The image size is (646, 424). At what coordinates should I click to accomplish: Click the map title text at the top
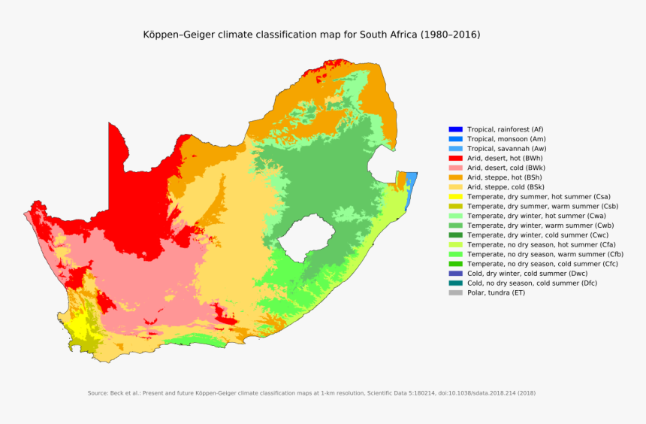[x=312, y=35]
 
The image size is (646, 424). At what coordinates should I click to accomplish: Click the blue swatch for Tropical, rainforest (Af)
[x=455, y=129]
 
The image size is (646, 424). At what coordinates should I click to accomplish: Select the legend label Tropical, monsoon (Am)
[x=506, y=139]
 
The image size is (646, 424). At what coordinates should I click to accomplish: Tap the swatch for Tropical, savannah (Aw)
[x=455, y=149]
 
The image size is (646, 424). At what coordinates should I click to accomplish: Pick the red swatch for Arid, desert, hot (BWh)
[x=455, y=159]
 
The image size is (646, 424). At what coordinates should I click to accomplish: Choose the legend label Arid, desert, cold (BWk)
[x=506, y=168]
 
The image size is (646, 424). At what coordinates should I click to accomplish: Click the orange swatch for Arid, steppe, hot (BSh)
[x=455, y=177]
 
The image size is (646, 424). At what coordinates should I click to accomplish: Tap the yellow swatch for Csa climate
[x=455, y=196]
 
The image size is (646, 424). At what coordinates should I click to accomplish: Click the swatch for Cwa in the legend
[x=455, y=216]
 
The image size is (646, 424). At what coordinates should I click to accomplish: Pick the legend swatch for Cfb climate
[x=455, y=254]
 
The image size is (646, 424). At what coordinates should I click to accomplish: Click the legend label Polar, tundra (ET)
[x=496, y=292]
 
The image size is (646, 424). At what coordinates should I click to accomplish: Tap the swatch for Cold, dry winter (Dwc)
[x=455, y=274]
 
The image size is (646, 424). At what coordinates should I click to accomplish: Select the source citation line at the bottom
[x=312, y=393]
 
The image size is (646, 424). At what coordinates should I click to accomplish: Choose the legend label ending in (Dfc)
[x=533, y=283]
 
